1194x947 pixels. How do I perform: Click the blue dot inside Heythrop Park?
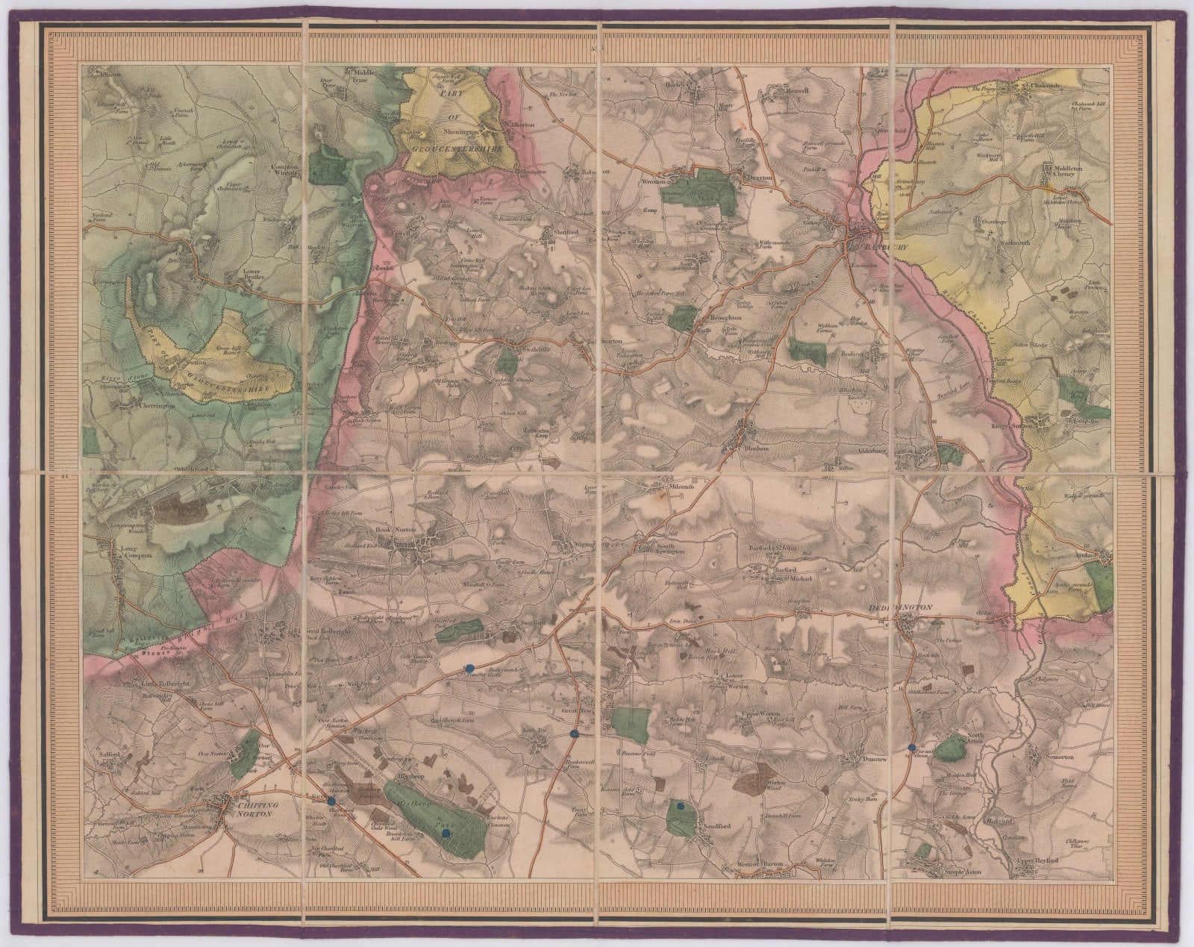tap(446, 834)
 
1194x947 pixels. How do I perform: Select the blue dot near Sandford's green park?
tap(680, 806)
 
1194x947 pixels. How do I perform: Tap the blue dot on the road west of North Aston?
tap(912, 747)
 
